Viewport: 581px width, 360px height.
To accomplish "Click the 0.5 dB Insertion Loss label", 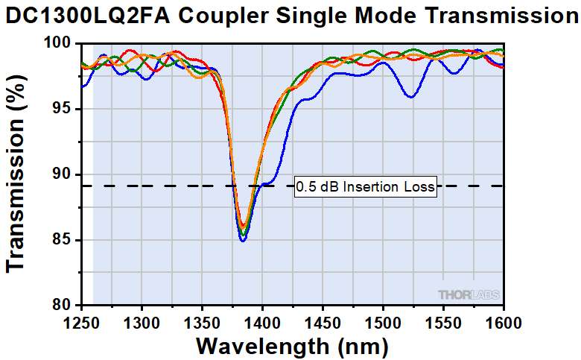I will pyautogui.click(x=365, y=186).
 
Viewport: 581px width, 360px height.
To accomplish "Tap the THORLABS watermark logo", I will pyautogui.click(x=469, y=294).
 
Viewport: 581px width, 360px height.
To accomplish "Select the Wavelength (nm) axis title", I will pyautogui.click(x=292, y=347).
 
